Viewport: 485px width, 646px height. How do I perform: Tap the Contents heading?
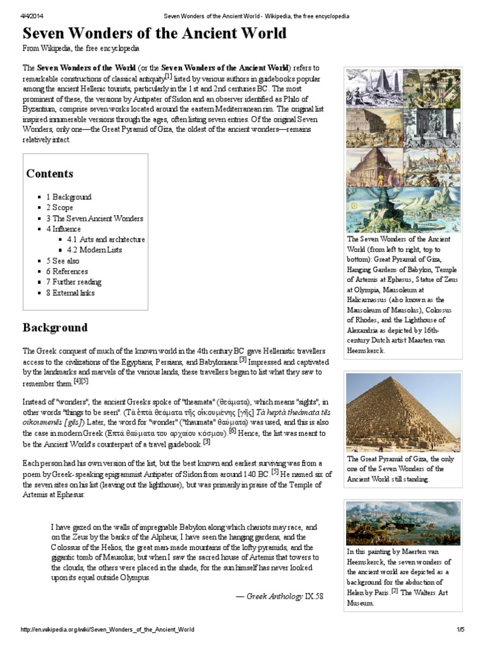click(x=50, y=173)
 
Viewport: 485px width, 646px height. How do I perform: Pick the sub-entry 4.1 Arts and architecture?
click(x=105, y=240)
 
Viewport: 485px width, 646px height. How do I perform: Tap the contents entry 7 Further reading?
click(x=73, y=282)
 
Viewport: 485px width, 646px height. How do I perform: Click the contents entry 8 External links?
click(x=69, y=293)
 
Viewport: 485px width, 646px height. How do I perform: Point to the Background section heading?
click(x=55, y=328)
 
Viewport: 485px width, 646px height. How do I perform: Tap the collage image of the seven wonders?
click(x=403, y=150)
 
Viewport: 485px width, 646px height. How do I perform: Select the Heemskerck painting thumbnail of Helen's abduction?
click(x=403, y=523)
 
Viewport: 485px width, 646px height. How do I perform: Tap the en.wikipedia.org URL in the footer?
click(x=107, y=630)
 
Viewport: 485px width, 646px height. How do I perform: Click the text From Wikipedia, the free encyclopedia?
click(x=81, y=49)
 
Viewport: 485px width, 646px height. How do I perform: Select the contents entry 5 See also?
click(x=63, y=261)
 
